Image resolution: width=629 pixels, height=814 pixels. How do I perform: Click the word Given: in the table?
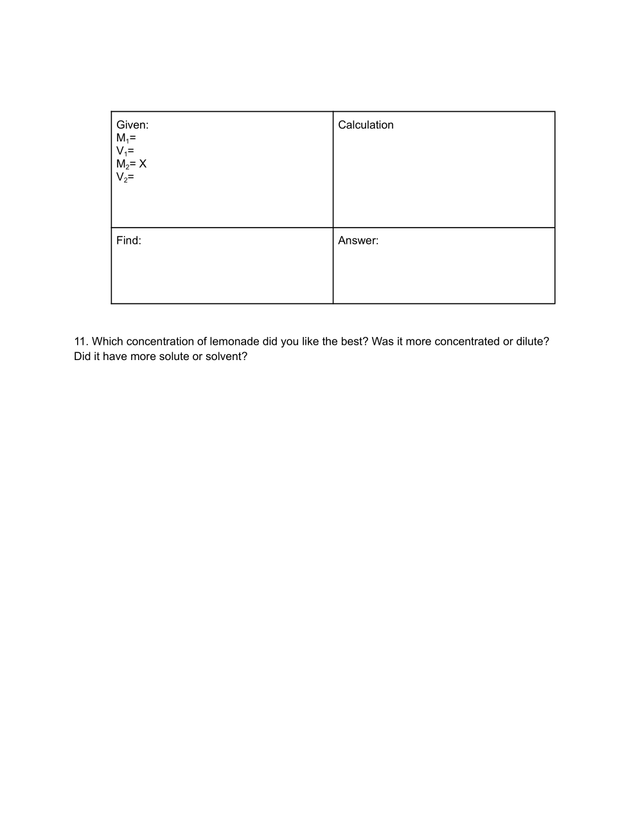[132, 125]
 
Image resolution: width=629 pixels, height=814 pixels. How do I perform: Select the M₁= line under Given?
[126, 138]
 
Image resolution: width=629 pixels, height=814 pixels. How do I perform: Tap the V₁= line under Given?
[125, 151]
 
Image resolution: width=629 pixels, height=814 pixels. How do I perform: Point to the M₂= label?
[126, 164]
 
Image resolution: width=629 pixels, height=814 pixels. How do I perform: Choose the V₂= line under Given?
[125, 177]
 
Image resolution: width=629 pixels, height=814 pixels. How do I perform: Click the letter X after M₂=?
[143, 164]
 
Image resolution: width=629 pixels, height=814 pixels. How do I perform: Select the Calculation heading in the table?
[366, 125]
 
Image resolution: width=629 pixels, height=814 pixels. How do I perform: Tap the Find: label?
[128, 240]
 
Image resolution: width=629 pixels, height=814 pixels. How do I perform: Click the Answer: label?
[358, 240]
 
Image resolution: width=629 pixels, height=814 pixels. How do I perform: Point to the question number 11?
[80, 341]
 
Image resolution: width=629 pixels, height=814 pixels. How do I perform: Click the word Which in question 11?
[107, 341]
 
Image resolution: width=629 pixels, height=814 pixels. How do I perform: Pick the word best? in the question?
[355, 341]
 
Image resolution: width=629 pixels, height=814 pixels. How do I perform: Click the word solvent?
[226, 356]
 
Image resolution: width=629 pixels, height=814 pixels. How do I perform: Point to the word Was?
[382, 341]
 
